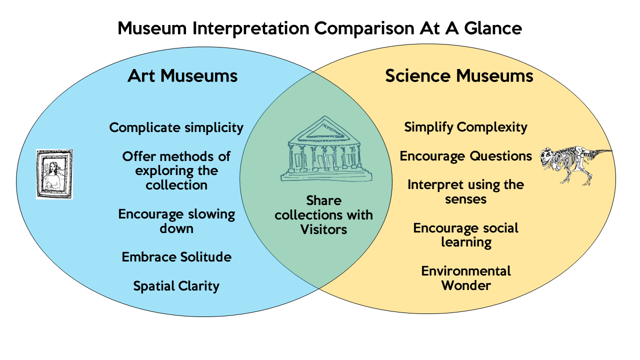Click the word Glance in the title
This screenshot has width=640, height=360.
[x=493, y=28]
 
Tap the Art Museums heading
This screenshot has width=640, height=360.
[x=182, y=75]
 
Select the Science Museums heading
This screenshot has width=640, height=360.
[x=459, y=75]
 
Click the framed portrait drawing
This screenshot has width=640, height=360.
[x=54, y=174]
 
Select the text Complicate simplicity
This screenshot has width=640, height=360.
[x=176, y=127]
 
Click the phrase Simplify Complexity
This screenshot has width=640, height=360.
[x=465, y=127]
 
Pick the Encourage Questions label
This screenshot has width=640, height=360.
[x=465, y=156]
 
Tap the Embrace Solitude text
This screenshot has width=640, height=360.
[x=176, y=257]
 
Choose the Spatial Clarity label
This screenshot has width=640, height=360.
[x=176, y=286]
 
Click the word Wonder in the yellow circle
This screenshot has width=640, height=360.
[x=466, y=285]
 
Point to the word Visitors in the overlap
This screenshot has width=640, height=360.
[x=323, y=229]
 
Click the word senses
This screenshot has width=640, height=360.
[x=465, y=199]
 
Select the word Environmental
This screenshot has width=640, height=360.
[x=466, y=271]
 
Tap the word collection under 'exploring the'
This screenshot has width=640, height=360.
[x=176, y=185]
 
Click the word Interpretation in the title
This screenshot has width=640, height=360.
[x=251, y=28]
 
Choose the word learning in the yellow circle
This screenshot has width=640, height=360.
[x=466, y=242]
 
